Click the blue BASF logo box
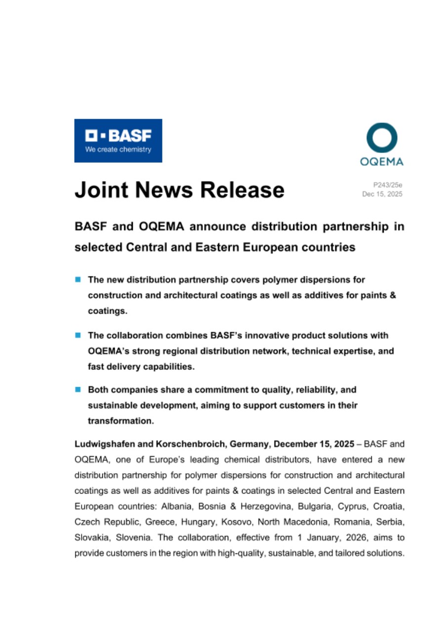click(118, 140)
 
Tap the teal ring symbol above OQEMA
click(382, 138)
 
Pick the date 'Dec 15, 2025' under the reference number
click(382, 194)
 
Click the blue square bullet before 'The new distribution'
click(78, 280)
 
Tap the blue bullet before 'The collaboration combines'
click(78, 335)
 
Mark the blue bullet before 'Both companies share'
click(78, 390)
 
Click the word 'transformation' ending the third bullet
click(120, 421)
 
